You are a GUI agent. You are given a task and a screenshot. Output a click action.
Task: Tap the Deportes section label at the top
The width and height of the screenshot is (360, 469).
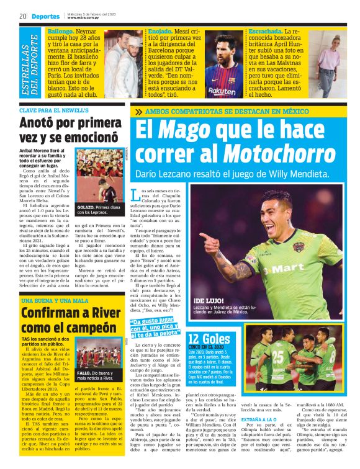46,16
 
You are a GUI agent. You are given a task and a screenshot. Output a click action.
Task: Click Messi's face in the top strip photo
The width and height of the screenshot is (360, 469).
222,55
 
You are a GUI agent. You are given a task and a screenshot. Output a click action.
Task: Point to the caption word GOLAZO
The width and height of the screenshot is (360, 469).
86,207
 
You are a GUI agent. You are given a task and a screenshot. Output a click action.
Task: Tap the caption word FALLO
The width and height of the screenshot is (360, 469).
84,373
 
